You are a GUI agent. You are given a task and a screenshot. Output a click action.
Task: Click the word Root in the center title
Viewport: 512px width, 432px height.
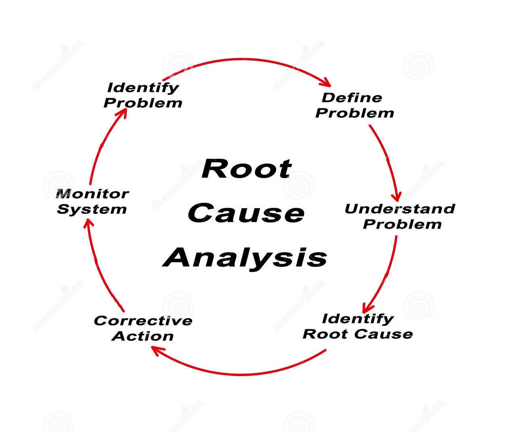246,169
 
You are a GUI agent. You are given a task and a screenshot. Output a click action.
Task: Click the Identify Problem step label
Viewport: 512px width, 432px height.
143,95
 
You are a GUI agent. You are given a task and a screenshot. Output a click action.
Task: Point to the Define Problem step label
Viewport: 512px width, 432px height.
354,105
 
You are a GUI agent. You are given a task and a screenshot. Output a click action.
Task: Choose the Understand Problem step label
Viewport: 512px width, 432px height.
400,216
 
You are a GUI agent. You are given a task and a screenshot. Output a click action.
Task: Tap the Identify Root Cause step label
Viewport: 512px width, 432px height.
358,326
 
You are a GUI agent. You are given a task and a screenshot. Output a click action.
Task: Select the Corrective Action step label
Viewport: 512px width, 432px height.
143,328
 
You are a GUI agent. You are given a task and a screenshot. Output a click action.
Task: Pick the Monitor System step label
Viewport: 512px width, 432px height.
92,201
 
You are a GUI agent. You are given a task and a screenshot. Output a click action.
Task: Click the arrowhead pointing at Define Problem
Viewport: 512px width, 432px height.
327,83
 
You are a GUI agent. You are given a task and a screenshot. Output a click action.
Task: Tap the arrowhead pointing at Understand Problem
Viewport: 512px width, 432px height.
397,197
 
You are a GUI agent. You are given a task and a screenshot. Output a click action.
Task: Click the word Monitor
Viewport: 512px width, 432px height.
92,194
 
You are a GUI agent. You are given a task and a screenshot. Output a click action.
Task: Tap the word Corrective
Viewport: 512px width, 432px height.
143,320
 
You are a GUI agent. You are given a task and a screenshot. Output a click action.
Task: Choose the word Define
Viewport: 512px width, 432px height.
351,97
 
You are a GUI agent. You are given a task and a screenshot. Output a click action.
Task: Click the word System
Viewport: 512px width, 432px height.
92,209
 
